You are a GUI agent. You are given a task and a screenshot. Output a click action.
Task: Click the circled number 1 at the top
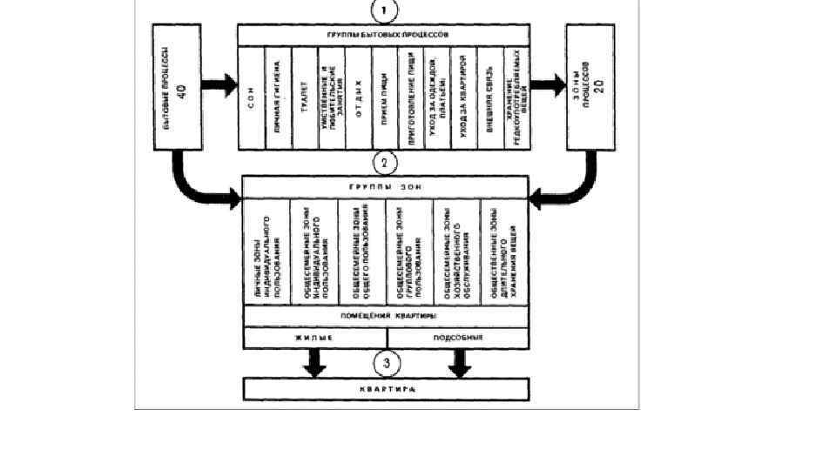(385, 11)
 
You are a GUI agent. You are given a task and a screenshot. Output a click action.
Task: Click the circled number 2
(384, 162)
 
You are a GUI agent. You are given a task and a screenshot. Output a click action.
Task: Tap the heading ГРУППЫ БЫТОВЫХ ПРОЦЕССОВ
(384, 35)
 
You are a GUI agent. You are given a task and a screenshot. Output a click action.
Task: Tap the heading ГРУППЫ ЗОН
(384, 187)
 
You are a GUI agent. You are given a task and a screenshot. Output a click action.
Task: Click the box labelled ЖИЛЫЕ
(314, 336)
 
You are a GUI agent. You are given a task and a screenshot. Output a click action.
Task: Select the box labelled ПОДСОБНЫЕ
(456, 336)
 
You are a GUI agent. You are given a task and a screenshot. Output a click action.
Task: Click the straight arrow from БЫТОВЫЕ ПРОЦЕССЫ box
(219, 86)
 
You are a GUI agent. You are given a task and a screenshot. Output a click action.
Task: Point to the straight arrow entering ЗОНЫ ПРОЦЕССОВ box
(548, 86)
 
